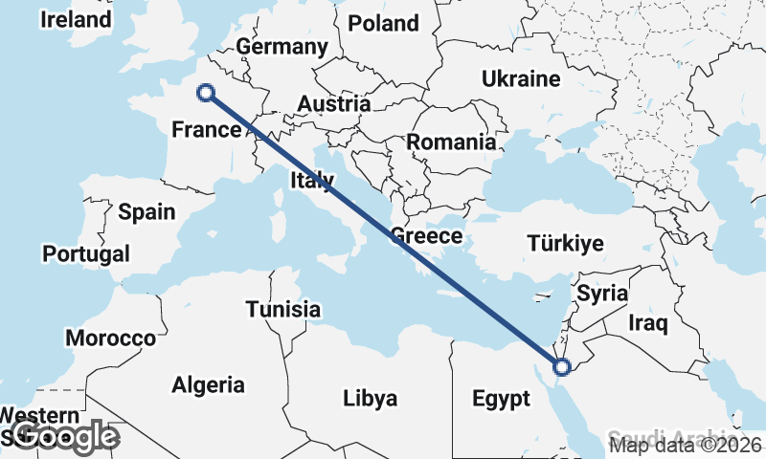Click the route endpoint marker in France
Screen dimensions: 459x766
(205, 93)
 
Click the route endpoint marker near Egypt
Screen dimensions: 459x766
(562, 365)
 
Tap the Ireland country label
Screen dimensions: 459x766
(76, 19)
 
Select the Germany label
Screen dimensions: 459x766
(282, 47)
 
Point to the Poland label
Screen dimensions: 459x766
(383, 23)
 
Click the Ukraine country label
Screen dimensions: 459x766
(521, 78)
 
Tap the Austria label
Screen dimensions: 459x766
(333, 103)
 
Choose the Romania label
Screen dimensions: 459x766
(451, 142)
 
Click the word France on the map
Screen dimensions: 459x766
(205, 129)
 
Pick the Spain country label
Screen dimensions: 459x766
(146, 211)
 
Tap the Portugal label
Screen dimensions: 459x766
(86, 254)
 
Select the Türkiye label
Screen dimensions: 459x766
(565, 244)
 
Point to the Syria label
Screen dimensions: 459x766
(603, 293)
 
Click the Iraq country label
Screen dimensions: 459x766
(647, 323)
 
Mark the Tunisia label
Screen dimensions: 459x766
(282, 310)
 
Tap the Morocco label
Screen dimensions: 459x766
(110, 339)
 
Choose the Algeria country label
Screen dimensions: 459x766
(208, 385)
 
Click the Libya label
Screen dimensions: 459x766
(370, 399)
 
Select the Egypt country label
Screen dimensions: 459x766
(501, 399)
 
